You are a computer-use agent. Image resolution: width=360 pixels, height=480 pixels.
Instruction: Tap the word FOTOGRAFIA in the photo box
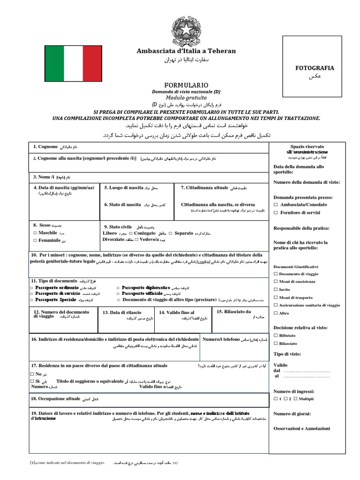tap(314, 68)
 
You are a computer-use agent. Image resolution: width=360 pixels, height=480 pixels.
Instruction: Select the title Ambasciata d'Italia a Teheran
tap(186, 51)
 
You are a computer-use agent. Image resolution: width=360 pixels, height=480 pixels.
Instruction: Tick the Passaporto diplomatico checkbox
tap(118, 287)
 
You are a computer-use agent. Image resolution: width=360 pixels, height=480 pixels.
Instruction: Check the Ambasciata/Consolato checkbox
tap(276, 205)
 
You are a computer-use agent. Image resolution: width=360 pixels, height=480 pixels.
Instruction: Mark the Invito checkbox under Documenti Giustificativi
tap(275, 290)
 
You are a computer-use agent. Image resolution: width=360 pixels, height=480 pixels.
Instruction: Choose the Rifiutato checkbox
tap(275, 336)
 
